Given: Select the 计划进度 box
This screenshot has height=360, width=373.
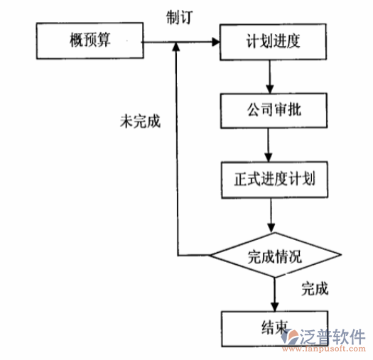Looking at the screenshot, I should point(268,40).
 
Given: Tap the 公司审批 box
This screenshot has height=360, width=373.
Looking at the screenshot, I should point(268,110).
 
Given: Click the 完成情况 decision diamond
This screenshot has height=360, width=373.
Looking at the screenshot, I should point(274,256).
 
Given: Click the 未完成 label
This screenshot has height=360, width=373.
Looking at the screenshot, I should point(140,121).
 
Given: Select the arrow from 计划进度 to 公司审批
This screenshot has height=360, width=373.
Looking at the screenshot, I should point(269,75).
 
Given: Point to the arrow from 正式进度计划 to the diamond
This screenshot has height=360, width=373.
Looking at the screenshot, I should point(269,213).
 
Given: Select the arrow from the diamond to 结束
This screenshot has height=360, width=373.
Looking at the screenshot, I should point(274,293).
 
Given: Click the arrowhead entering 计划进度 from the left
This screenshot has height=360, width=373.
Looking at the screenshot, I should point(215,43).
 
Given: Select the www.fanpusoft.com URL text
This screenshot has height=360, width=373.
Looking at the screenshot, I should point(330,347).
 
